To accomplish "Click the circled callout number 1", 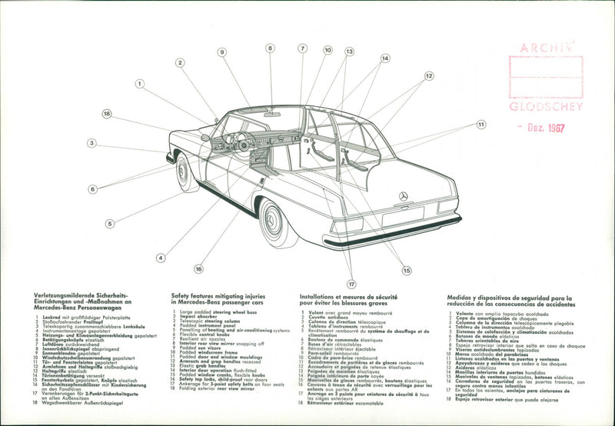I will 140,83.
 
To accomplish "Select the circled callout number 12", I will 429,76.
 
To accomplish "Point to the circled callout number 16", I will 198,269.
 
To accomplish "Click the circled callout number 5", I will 110,223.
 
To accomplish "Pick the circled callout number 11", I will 481,124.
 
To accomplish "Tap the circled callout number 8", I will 270,48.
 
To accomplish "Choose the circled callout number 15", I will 407,270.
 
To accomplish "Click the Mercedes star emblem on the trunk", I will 403,196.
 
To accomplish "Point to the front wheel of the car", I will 186,172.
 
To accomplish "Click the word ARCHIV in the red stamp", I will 547,48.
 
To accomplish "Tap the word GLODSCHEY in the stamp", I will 547,107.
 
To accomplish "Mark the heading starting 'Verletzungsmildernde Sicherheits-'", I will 78,295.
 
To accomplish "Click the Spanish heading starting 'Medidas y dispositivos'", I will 508,298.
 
